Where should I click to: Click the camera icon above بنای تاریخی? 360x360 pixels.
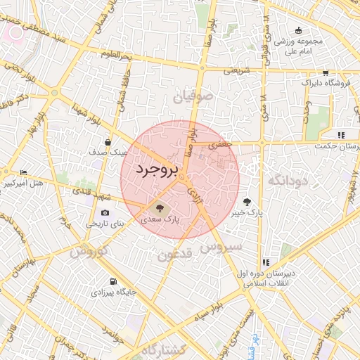(105, 213)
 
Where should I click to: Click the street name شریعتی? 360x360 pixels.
(237, 70)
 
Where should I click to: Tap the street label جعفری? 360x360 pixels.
(220, 143)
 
